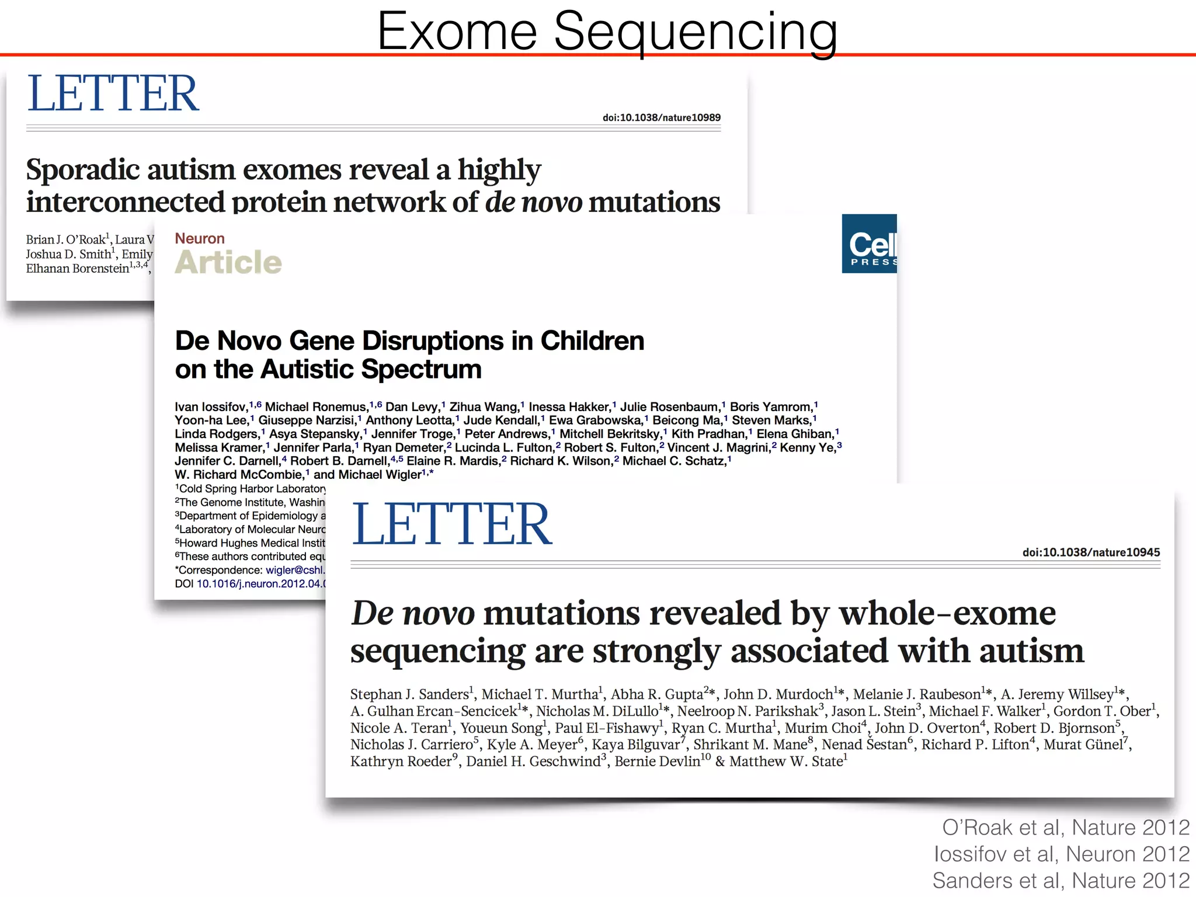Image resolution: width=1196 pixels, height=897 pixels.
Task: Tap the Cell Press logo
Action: pyautogui.click(x=869, y=244)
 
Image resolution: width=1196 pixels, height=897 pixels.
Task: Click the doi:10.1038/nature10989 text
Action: pyautogui.click(x=661, y=117)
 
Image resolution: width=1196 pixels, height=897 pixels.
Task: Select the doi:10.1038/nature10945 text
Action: pyautogui.click(x=1091, y=552)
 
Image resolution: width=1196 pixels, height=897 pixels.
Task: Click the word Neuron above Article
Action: pyautogui.click(x=200, y=238)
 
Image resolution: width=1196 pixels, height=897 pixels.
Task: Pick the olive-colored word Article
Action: pyautogui.click(x=228, y=262)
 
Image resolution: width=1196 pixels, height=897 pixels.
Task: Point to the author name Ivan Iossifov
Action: pyautogui.click(x=211, y=406)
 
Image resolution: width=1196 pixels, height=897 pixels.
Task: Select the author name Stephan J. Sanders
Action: pyautogui.click(x=409, y=694)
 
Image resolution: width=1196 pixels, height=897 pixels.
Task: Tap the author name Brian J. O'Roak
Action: pyautogui.click(x=65, y=239)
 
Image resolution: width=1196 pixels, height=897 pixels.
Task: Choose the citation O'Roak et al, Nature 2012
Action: pyautogui.click(x=1065, y=827)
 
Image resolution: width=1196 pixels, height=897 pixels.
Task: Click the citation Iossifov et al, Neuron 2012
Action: pyautogui.click(x=1061, y=854)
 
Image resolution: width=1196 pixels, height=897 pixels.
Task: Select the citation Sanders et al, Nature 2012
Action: pyautogui.click(x=1061, y=880)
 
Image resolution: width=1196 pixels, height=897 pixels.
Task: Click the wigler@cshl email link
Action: pyautogui.click(x=295, y=570)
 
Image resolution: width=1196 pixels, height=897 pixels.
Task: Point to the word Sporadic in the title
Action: pyautogui.click(x=83, y=170)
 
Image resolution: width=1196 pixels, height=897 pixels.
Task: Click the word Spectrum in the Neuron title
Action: pyautogui.click(x=421, y=369)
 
